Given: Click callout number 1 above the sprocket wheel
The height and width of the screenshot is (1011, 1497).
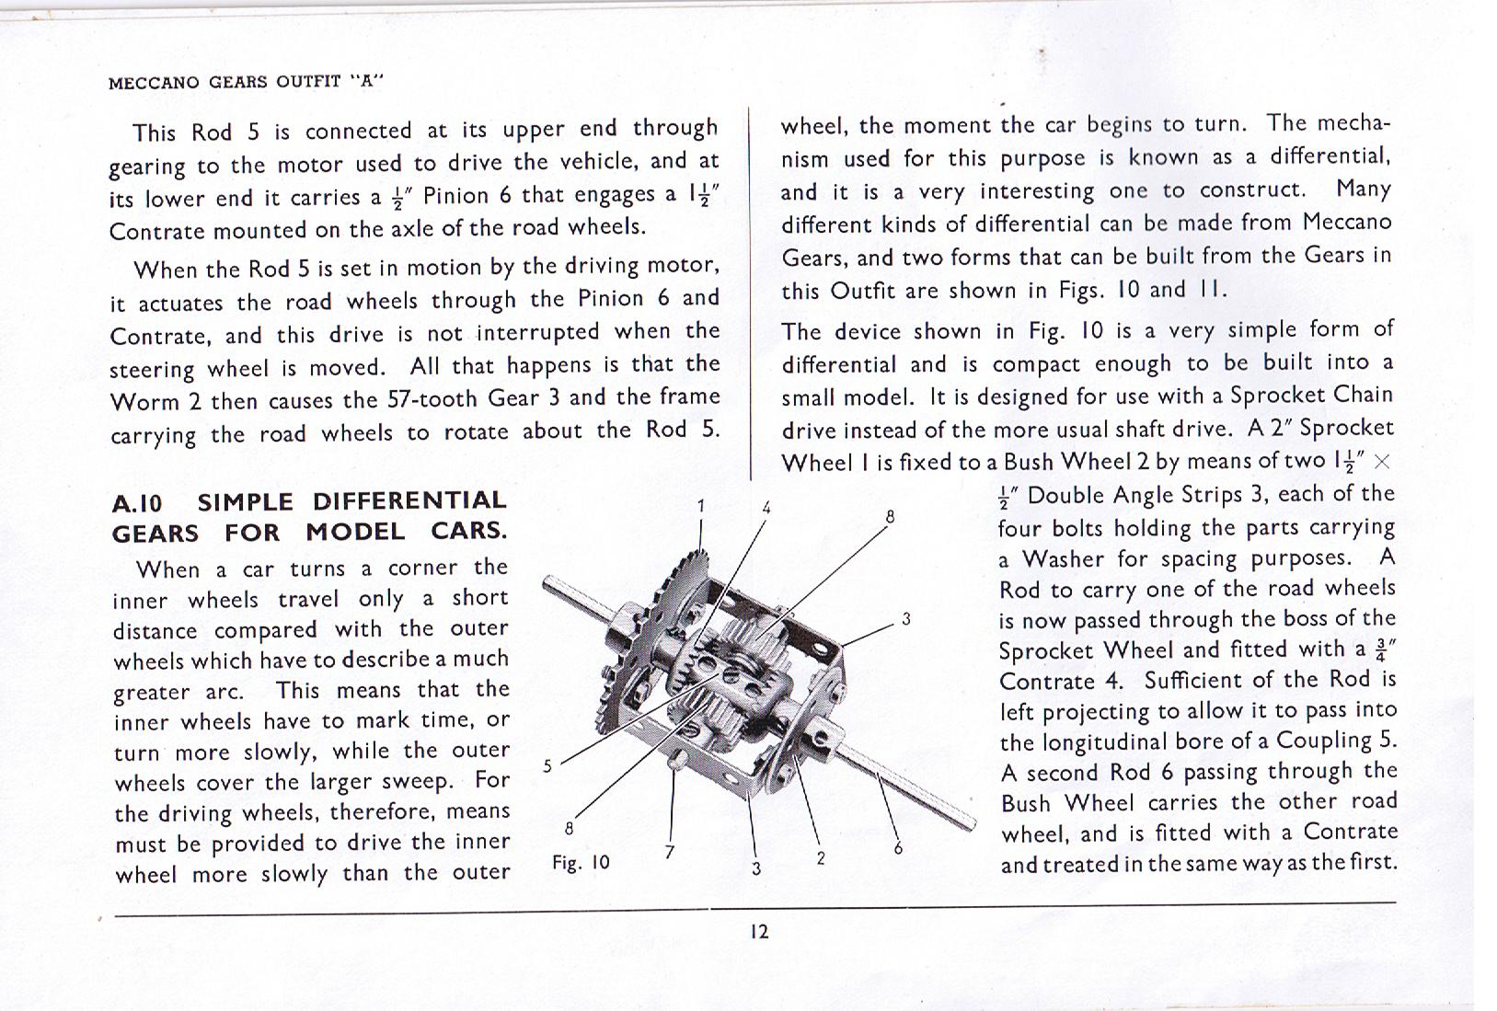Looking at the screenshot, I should (701, 506).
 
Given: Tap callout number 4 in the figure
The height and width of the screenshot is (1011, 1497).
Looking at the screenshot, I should (766, 508).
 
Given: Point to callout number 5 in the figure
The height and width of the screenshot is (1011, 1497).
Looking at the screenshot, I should (547, 765).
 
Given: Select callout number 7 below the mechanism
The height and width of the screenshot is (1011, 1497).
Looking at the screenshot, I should (670, 852).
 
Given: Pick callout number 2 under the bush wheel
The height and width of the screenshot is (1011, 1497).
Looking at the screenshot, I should (820, 859).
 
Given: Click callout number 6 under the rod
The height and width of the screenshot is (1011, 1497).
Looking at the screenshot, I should (898, 848).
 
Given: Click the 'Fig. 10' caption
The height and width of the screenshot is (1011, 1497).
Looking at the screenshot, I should (581, 863).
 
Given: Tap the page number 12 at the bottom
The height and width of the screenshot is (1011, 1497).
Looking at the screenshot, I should (758, 932).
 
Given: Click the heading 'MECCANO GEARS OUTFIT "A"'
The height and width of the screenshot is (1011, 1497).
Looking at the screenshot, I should (246, 81).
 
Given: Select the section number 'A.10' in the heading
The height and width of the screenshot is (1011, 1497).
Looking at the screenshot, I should (137, 504).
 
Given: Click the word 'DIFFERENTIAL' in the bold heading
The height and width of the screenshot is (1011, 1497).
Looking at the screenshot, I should (409, 501).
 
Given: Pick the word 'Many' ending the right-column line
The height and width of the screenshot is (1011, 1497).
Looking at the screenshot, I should (1364, 189).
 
